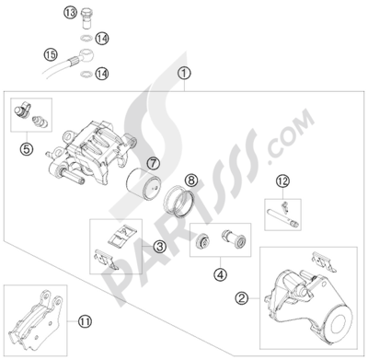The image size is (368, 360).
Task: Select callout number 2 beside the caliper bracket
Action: click(x=244, y=296)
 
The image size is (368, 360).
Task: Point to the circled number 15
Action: click(x=25, y=56)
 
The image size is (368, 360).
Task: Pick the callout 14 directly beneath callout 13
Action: click(x=102, y=39)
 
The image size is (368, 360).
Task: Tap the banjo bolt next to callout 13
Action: click(x=86, y=17)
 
